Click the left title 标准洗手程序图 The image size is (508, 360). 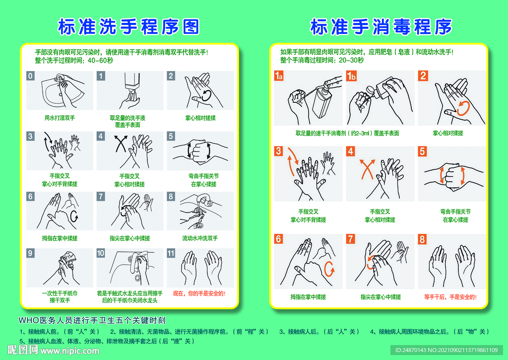point(128,27)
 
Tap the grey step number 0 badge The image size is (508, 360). point(31,76)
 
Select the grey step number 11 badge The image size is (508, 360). point(171,253)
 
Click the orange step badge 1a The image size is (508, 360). point(279,76)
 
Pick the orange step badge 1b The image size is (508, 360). point(352,76)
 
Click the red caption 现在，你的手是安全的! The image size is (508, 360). point(199,293)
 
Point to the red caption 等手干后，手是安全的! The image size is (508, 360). point(450,297)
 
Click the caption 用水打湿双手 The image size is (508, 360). point(60,118)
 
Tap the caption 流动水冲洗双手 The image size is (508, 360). point(199,238)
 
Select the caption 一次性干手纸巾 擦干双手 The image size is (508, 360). point(60,297)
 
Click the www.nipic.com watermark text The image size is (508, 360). point(69,351)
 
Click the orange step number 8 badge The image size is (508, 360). point(423,239)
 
